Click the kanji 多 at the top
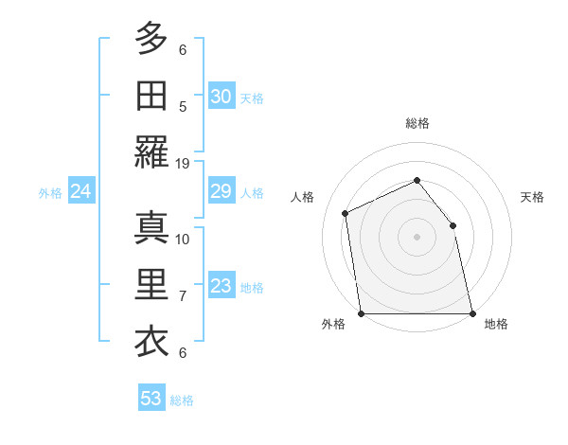[151, 39]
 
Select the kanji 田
[151, 96]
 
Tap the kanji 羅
[151, 152]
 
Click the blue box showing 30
[221, 97]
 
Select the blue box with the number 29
[221, 192]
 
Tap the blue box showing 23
[221, 287]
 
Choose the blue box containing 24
[81, 192]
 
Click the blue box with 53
[151, 399]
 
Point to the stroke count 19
[183, 163]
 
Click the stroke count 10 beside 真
[183, 239]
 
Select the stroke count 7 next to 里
[183, 296]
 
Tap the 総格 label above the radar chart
[417, 123]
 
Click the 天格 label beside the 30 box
[252, 98]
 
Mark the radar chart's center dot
[417, 237]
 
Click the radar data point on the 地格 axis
[471, 312]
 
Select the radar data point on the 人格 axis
[346, 213]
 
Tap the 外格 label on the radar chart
[332, 325]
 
